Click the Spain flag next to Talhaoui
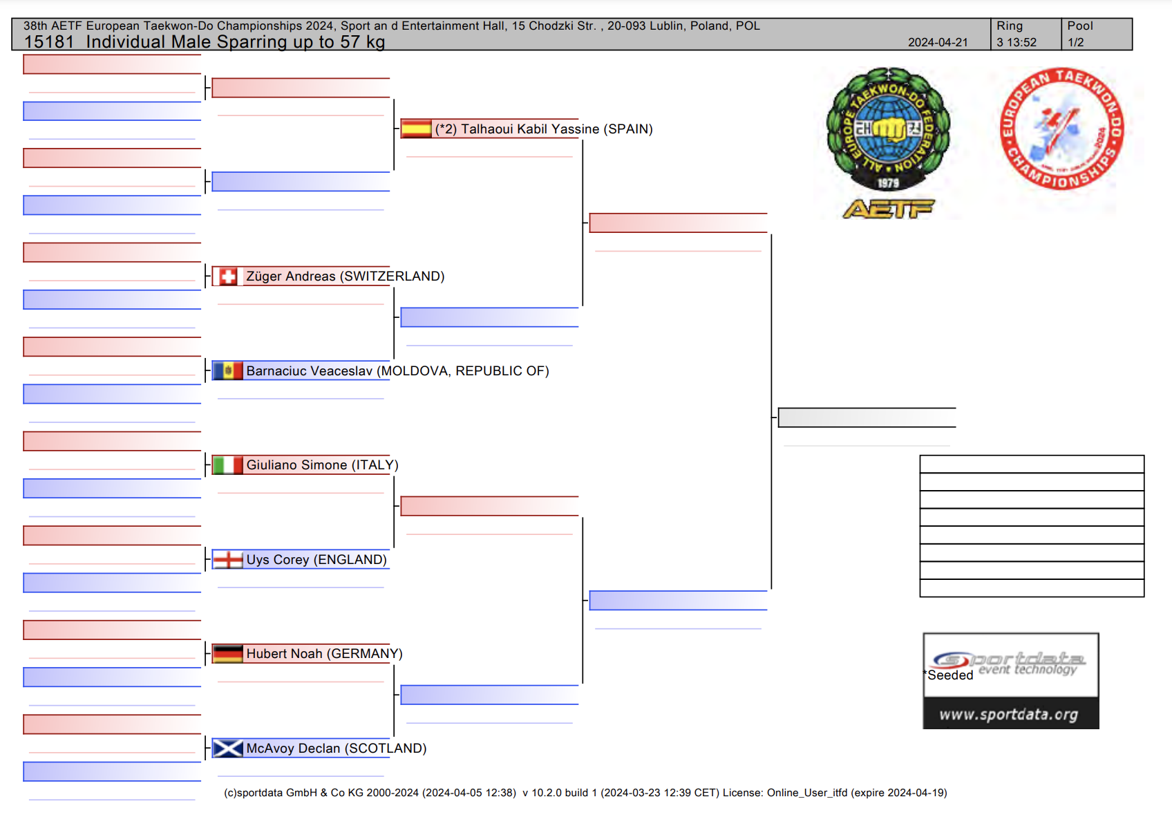tap(417, 129)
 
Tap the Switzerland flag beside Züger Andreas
tap(227, 276)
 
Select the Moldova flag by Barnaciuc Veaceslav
tap(227, 370)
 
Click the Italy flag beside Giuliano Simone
tap(227, 465)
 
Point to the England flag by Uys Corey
tap(227, 559)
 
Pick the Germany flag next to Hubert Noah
tap(227, 653)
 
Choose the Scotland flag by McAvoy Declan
tap(227, 748)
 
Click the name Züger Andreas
tap(291, 276)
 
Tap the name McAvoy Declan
tap(293, 749)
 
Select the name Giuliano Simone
tap(296, 465)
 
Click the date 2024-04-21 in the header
tap(938, 42)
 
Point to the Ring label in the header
tap(1009, 26)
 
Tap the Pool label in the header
tap(1079, 26)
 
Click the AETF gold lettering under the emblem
tap(888, 209)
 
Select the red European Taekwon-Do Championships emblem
tap(1061, 129)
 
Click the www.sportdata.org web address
tap(1008, 715)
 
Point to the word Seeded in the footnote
tap(950, 675)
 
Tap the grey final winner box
tap(867, 417)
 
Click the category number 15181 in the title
tap(48, 42)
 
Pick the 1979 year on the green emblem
tap(888, 183)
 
